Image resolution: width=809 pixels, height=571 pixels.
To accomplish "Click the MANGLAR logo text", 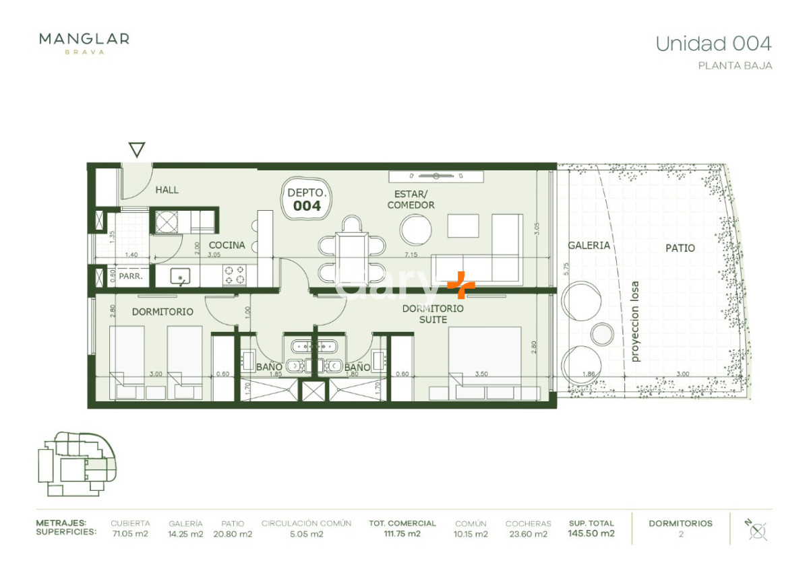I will click(x=84, y=39).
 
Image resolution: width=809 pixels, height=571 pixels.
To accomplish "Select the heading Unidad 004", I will click(x=713, y=44).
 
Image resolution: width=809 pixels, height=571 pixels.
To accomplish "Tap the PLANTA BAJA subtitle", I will click(x=735, y=66).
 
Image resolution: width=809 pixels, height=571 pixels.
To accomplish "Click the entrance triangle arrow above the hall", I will click(x=137, y=149).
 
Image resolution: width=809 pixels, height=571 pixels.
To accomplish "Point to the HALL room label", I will click(x=167, y=190).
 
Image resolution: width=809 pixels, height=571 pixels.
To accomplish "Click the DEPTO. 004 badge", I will click(x=307, y=199).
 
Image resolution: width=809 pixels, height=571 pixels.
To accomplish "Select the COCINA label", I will click(x=227, y=245).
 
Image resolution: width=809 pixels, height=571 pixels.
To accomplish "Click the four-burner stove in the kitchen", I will click(x=234, y=275).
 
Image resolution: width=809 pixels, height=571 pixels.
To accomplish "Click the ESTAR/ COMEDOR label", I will click(x=411, y=199).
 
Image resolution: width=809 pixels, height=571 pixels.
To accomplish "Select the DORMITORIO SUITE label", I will click(x=433, y=314).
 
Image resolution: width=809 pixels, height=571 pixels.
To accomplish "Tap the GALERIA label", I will click(x=589, y=246).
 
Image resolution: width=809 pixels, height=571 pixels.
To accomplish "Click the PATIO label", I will click(x=680, y=248).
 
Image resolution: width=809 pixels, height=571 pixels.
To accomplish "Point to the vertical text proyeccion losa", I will click(x=634, y=322).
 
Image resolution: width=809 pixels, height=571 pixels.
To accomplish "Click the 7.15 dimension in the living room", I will click(x=409, y=255).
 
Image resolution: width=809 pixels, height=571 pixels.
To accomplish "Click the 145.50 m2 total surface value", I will click(x=591, y=534).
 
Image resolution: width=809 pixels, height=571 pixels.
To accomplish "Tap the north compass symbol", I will click(x=757, y=530).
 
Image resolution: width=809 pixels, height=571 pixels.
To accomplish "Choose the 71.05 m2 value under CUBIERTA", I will click(x=130, y=534).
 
